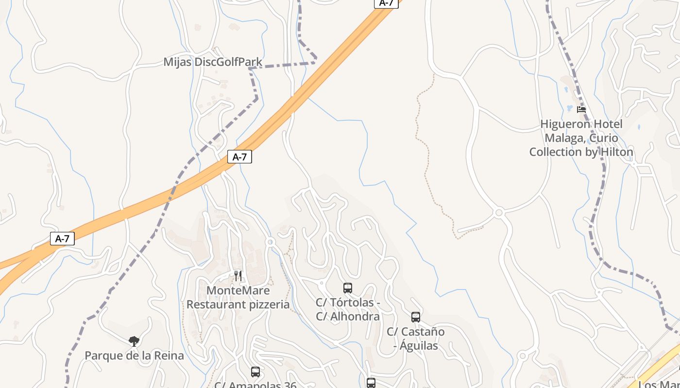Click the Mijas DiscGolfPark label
click(213, 62)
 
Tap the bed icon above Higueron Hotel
click(581, 110)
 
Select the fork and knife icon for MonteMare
click(238, 276)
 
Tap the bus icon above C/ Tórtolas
click(348, 288)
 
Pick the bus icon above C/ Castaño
click(416, 317)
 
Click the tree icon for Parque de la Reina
click(134, 341)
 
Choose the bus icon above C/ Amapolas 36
click(255, 372)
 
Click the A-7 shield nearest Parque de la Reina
click(62, 239)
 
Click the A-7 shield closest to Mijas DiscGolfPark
click(239, 157)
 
